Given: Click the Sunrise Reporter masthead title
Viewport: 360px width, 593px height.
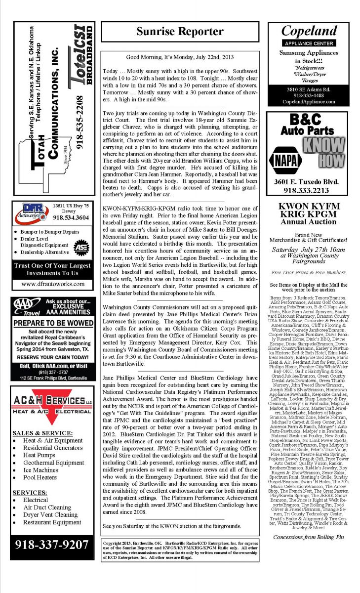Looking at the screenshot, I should (180, 32).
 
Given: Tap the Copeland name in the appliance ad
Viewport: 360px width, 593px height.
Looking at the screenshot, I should (309, 31).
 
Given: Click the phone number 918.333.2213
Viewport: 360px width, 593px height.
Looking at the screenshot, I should (309, 190).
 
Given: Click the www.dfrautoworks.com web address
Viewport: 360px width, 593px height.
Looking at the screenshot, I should (53, 284).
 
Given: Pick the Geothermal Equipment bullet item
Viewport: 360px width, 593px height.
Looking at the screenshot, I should (54, 463).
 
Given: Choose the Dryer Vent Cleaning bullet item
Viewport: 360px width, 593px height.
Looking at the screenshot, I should (50, 514).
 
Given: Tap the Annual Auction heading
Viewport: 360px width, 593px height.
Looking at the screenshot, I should (308, 222).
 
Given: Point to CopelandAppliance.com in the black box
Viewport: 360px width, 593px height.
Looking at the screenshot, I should (308, 101).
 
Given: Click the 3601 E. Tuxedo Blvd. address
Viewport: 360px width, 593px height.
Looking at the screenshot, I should (309, 181).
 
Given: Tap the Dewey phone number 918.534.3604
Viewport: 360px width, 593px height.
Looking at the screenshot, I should (71, 217).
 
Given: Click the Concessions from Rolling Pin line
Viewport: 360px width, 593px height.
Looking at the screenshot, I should (308, 537).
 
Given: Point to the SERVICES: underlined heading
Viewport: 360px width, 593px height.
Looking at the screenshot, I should (30, 492).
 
